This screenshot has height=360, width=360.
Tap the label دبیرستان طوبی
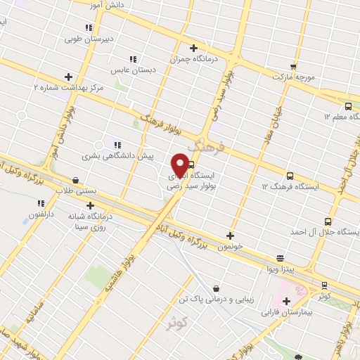[89, 39]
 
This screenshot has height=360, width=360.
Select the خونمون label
[231, 247]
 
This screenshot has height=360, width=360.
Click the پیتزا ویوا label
[280, 269]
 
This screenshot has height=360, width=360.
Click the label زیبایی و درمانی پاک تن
[215, 300]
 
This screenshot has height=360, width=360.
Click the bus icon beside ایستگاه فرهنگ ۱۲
[290, 176]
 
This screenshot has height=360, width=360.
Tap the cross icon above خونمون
[231, 236]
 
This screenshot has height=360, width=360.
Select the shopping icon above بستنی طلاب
[76, 180]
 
